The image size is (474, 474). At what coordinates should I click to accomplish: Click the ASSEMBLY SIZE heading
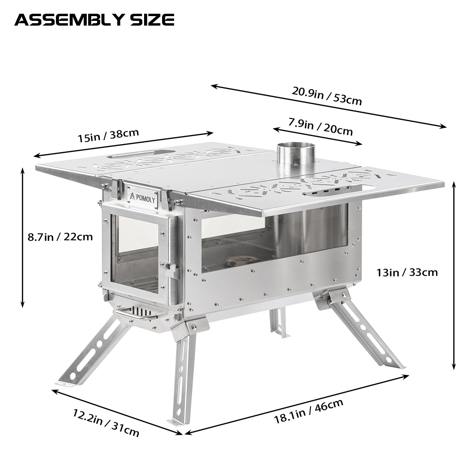[x=94, y=20]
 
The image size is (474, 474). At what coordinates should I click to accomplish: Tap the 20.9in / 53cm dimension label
[x=327, y=96]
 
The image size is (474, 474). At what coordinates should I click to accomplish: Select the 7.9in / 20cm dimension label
[x=320, y=126]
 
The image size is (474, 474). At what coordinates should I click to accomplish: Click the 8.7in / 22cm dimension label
[x=60, y=236]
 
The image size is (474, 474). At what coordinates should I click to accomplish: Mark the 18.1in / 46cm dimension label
[x=308, y=412]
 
